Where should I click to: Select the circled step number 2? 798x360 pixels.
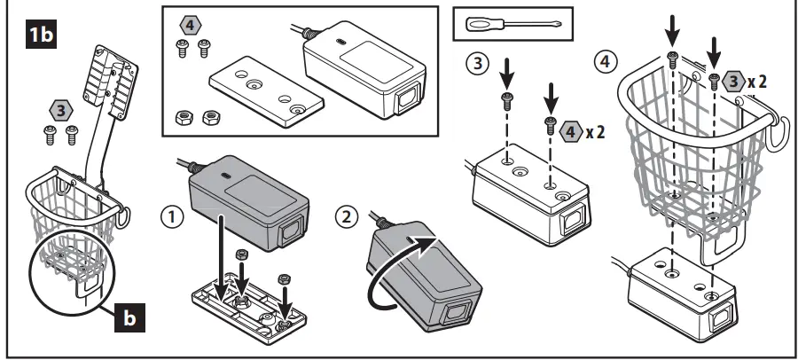coord(348,215)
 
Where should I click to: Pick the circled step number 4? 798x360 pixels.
coord(605,64)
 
